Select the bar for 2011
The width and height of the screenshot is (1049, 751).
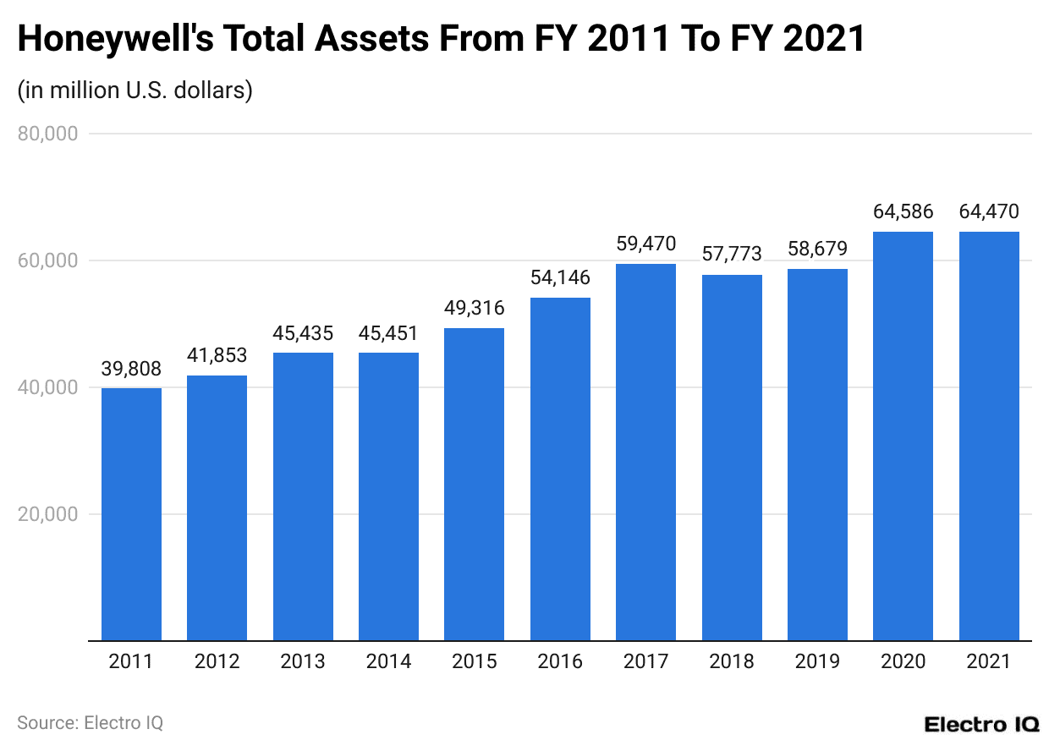click(x=131, y=514)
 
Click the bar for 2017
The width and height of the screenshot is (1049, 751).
click(x=645, y=452)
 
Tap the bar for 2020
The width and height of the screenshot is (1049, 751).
click(x=903, y=436)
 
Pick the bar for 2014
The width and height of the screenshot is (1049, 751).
click(x=388, y=496)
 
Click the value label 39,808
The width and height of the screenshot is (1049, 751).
click(x=131, y=369)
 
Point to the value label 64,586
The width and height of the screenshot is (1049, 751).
click(x=903, y=211)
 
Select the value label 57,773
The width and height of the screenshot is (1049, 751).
click(x=732, y=254)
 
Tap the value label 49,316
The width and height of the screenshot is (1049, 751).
click(x=474, y=308)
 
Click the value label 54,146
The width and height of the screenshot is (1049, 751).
click(x=560, y=277)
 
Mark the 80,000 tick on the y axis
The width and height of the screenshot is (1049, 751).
click(x=47, y=134)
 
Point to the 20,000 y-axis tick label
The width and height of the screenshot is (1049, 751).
click(x=47, y=514)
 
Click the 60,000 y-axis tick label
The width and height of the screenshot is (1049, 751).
click(x=47, y=260)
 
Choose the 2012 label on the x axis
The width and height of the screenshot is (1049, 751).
click(x=217, y=661)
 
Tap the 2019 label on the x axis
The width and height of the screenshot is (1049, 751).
click(x=817, y=661)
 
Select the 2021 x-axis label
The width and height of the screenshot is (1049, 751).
click(x=988, y=661)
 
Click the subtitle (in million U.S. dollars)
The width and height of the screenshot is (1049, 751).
click(x=135, y=90)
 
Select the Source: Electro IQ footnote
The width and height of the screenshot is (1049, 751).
click(x=90, y=723)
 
